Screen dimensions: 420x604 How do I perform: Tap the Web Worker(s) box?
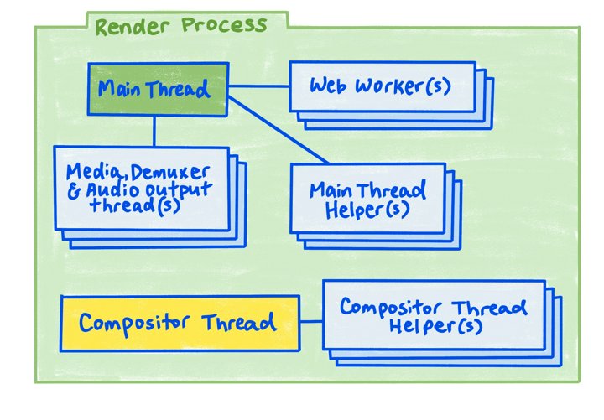point(382,86)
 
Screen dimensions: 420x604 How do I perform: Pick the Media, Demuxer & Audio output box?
point(140,188)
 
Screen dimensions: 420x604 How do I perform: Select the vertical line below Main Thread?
point(154,131)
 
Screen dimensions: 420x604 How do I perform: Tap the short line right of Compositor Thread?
point(311,322)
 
